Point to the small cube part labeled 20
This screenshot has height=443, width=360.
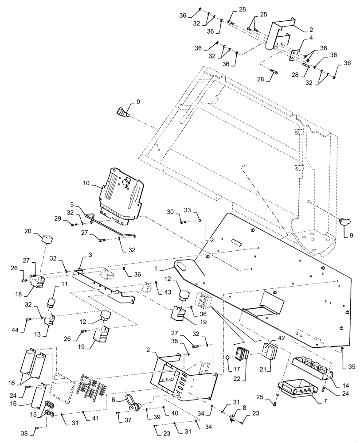tap(46, 240)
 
